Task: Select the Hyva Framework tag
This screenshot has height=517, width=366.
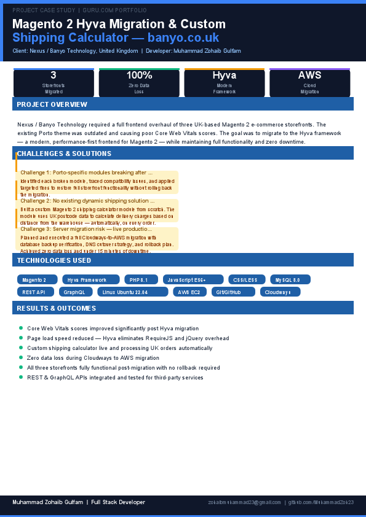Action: point(90,280)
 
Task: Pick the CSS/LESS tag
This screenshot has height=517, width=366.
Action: point(247,280)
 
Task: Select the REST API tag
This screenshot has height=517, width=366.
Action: point(34,292)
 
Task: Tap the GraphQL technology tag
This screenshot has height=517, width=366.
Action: point(74,292)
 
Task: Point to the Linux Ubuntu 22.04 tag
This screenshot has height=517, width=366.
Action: point(132,292)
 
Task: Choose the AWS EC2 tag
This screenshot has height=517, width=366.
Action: point(189,292)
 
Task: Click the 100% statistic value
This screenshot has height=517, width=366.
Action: point(139,76)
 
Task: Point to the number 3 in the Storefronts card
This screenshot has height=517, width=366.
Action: point(54,76)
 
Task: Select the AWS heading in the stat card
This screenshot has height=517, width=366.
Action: point(309,76)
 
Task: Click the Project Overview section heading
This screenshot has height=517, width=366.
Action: point(52,104)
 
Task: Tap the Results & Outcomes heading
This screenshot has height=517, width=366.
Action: point(56,308)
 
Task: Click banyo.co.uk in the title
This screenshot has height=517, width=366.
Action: point(184,38)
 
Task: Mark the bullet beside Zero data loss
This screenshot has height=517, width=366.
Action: point(21,357)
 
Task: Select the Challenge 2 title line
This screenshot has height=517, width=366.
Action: point(87,201)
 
